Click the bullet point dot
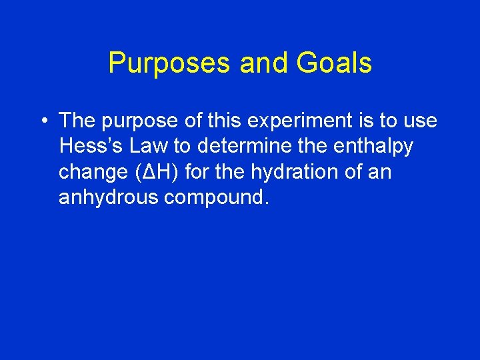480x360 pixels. (x=42, y=121)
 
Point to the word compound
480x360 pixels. (x=223, y=197)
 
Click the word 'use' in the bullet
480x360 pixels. (x=419, y=121)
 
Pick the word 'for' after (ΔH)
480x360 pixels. (x=197, y=172)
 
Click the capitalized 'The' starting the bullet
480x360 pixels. (x=77, y=121)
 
